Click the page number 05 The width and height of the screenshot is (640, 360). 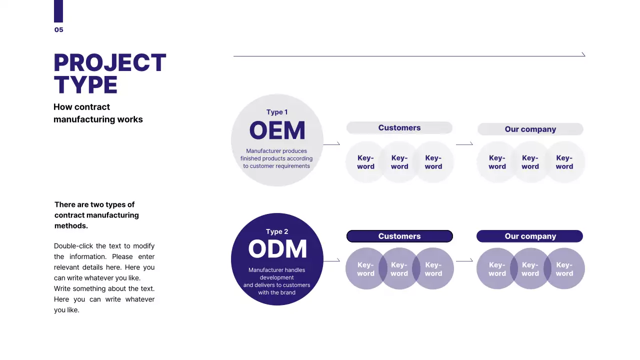(x=59, y=30)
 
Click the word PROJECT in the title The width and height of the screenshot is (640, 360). (x=109, y=63)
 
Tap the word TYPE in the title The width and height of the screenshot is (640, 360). (x=85, y=85)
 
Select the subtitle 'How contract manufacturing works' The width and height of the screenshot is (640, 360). (x=98, y=113)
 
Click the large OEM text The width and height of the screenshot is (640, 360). (x=277, y=131)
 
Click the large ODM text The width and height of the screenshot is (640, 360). (x=277, y=249)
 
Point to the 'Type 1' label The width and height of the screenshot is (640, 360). (x=277, y=112)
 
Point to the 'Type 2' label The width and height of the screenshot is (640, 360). (x=277, y=231)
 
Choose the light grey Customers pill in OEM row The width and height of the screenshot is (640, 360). (x=399, y=128)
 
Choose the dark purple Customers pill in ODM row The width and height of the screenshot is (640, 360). (x=399, y=236)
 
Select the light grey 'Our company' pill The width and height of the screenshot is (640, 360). (x=530, y=129)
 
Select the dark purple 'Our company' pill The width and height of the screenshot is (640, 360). (x=530, y=236)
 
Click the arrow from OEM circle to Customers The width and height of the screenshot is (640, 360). (x=331, y=144)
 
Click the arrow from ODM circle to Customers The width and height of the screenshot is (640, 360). (x=331, y=260)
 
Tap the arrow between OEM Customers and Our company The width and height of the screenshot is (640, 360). (x=464, y=144)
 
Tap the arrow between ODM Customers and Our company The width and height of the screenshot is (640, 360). (x=464, y=260)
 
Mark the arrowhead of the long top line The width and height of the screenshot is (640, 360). (x=583, y=54)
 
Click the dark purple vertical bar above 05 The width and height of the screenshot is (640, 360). (x=58, y=11)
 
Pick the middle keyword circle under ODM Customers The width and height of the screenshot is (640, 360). (x=399, y=269)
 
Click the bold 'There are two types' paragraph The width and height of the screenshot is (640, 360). (x=96, y=215)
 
